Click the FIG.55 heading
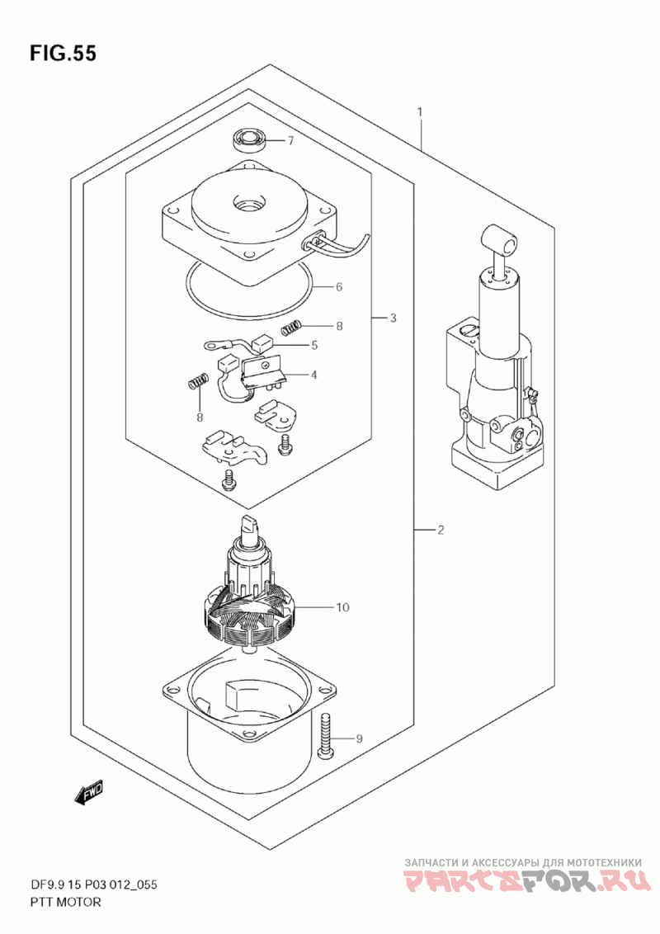click(x=63, y=54)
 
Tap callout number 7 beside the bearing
click(x=290, y=141)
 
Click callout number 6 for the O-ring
click(x=339, y=287)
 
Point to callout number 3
click(x=394, y=318)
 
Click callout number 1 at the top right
click(x=420, y=112)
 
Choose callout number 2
click(x=441, y=530)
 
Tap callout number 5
click(x=314, y=345)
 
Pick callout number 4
click(x=314, y=375)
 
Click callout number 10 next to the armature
click(x=342, y=607)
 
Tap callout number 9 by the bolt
click(x=359, y=739)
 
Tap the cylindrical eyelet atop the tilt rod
click(x=501, y=242)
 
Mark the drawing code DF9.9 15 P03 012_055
click(x=93, y=884)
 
